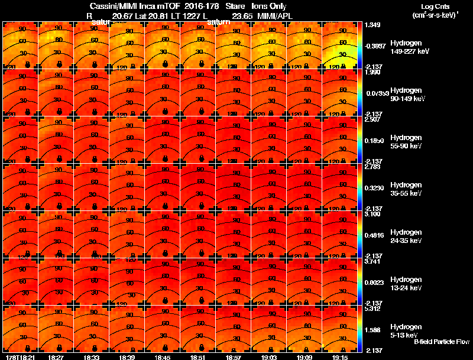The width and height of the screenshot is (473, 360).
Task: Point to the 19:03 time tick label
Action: (x=268, y=357)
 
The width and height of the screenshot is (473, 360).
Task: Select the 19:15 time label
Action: (x=339, y=357)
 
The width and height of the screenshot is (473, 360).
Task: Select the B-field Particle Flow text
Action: (x=441, y=342)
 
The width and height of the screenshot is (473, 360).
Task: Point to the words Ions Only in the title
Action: (x=268, y=6)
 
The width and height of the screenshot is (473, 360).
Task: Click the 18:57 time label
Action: (x=233, y=357)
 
